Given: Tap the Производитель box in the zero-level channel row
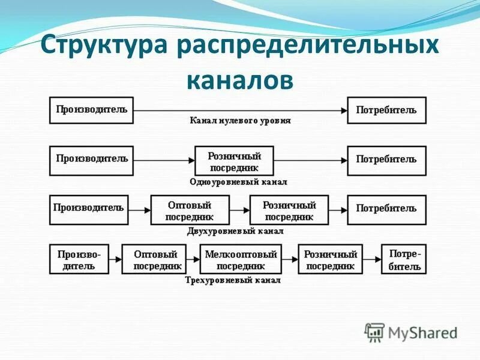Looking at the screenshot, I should coord(91,110).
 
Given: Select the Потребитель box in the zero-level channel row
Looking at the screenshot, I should coord(386,110).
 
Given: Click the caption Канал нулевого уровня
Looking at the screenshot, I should coord(240,121).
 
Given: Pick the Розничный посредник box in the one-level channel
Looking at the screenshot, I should coord(233,160).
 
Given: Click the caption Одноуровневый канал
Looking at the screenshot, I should coord(238,181).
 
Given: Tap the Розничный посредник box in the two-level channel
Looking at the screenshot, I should coord(289,210).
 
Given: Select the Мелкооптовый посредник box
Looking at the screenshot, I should coord(240,259).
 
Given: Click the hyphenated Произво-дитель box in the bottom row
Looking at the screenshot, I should coord(79,259).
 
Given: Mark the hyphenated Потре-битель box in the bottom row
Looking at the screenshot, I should coord(404,259).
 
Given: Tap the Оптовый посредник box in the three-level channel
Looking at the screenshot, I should coord(154,259).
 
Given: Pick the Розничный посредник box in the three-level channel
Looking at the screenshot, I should coord(331,259).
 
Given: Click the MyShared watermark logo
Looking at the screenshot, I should coord(412,332).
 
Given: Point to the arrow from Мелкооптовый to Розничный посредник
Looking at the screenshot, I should coord(289,259).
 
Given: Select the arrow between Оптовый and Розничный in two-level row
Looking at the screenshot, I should coord(239,210).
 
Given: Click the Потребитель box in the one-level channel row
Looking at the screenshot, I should coord(386,160).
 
